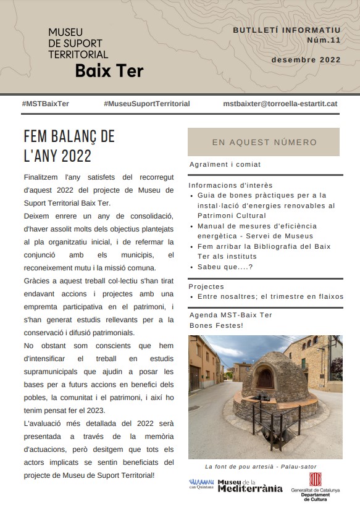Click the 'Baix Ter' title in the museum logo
pos(109,71)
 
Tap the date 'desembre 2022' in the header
pos(306,60)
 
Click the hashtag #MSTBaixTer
pos(45,104)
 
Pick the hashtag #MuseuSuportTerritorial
pos(147,104)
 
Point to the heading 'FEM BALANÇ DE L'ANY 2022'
pos(69,145)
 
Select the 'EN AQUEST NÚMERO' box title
pos(264,142)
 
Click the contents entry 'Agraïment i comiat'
pos(225,165)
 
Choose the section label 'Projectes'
pos(206,287)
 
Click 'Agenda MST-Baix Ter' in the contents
pos(230,315)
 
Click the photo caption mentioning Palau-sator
pos(265,467)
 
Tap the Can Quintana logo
pos(201,484)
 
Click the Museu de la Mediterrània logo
pos(250,485)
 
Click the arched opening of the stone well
pos(265,378)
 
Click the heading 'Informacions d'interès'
pos(230,185)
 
